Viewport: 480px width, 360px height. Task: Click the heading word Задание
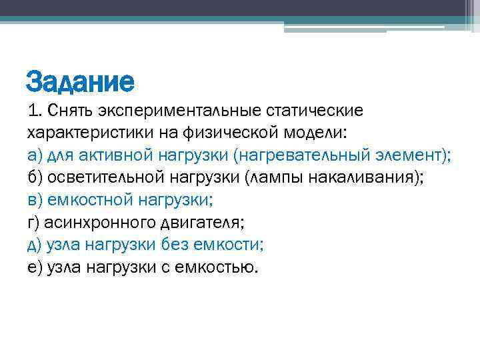coord(80,82)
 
